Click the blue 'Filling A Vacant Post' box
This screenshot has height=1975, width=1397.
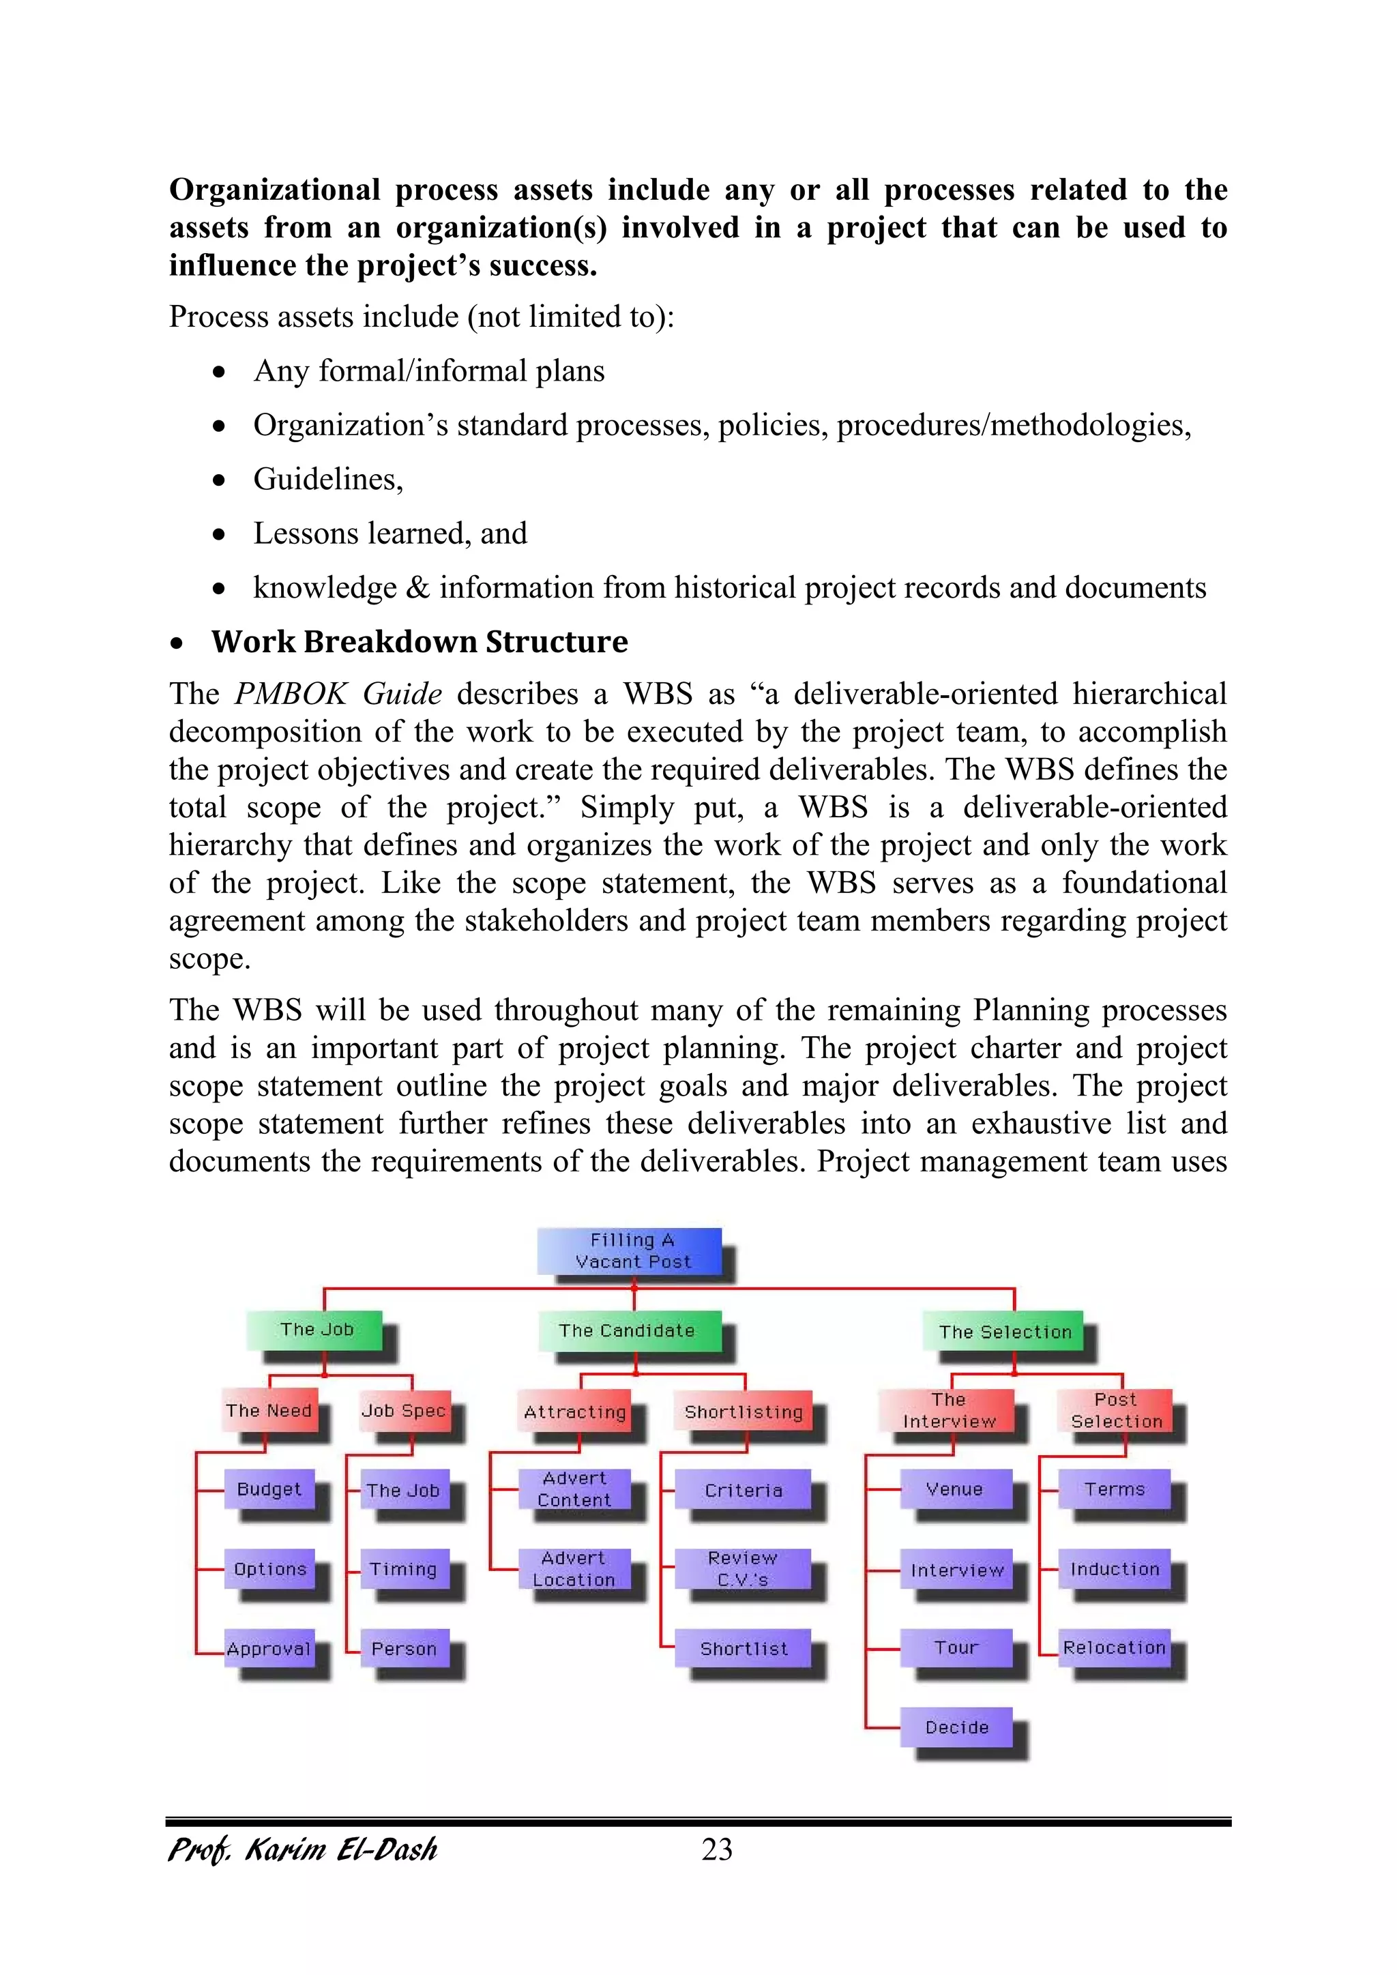pos(630,1250)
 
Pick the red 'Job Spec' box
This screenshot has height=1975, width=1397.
pos(403,1411)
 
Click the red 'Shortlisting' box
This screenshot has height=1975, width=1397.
pos(744,1411)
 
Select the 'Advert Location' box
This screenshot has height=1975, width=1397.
pos(574,1569)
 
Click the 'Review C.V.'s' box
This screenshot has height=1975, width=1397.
pos(742,1569)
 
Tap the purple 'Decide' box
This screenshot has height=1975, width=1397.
pos(956,1727)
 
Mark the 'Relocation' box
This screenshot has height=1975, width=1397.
pos(1114,1648)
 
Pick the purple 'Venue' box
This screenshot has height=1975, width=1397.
pos(955,1489)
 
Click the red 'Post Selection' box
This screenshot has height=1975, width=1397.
pos(1116,1411)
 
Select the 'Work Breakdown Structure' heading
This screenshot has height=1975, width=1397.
pos(419,642)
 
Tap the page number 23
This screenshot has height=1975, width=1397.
pos(716,1849)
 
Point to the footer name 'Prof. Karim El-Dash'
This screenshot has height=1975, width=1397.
pos(303,1849)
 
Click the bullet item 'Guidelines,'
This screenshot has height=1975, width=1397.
pos(327,479)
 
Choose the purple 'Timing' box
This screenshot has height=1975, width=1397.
pos(403,1569)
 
